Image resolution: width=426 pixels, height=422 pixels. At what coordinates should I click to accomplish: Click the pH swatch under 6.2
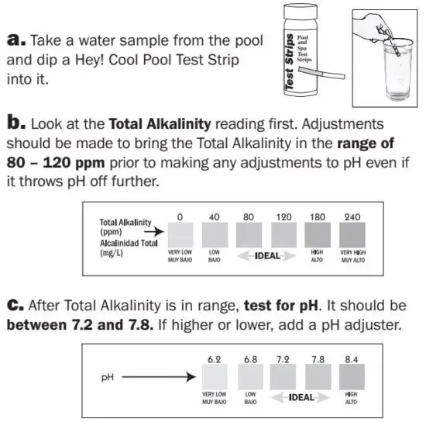point(215,377)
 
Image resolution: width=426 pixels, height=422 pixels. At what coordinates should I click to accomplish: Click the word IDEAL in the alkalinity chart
point(267,255)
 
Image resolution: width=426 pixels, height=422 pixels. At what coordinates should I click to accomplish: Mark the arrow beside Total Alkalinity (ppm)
point(155,230)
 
